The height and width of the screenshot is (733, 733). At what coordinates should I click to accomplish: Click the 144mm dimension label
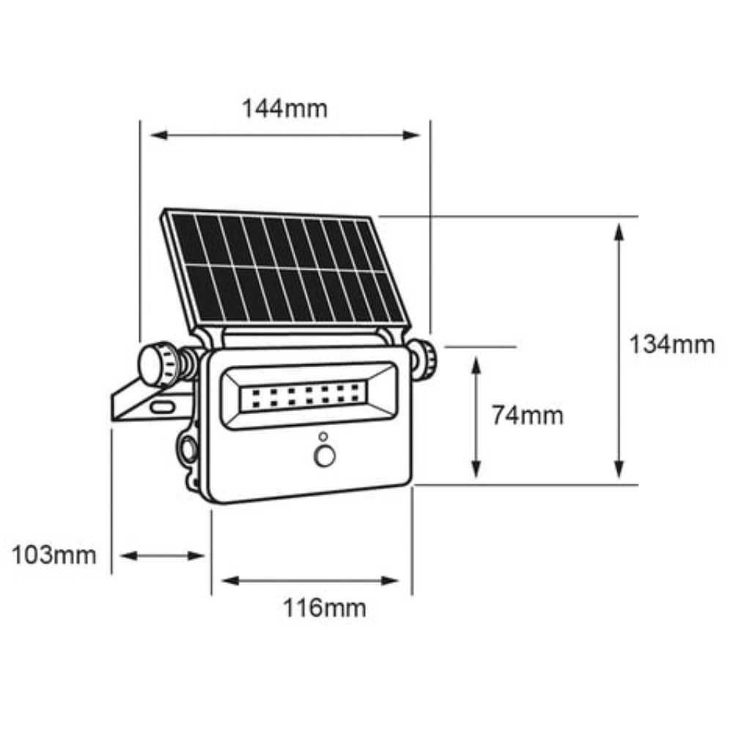285,108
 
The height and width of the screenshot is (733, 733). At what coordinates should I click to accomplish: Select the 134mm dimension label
671,344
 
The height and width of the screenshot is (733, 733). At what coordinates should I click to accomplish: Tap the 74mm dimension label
527,416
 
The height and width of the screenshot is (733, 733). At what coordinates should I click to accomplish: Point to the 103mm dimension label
54,555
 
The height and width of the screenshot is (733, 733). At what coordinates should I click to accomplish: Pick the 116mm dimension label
325,608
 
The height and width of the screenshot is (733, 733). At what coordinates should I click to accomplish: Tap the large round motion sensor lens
324,457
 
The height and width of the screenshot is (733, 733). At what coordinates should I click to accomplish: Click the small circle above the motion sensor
323,437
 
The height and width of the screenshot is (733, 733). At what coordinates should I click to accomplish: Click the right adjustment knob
424,359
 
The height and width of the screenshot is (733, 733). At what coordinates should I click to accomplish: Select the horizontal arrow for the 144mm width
285,135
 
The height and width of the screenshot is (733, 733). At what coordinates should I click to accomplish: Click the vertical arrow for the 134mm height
619,350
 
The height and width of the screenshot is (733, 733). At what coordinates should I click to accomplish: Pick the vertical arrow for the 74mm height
476,416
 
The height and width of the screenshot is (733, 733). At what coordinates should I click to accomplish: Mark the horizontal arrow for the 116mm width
311,581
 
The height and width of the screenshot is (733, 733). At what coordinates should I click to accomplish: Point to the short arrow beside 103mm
162,556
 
